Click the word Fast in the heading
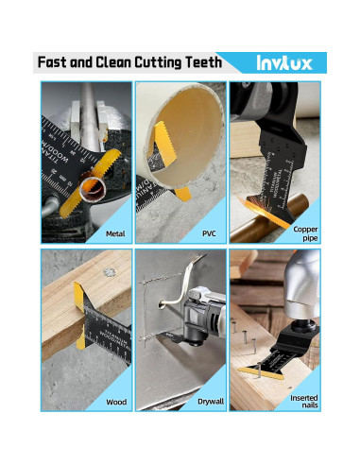coord(54,63)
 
